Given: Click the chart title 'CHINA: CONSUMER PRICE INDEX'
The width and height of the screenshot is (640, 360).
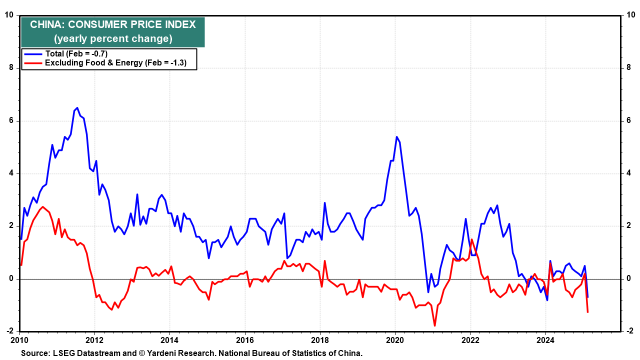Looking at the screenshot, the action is coord(113,24).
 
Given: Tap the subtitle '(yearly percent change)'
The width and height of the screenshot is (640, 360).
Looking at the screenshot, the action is coord(113,38).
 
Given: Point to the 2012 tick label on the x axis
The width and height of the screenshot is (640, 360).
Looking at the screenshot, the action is coord(94,340).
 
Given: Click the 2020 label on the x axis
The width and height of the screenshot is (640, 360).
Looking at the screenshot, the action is coord(395,340).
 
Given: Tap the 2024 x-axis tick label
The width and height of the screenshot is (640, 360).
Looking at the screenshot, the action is coord(545,340).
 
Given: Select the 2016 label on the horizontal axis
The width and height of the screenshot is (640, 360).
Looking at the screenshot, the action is coord(245,340).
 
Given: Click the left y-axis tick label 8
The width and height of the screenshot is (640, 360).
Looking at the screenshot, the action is coord(11,67).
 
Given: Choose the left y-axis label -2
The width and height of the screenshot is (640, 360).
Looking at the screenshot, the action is coord(10,331).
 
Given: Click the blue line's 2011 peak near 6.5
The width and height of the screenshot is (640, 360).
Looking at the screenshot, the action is coord(77,108).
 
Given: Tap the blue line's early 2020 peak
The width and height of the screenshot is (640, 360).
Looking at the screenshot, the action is coord(396,137).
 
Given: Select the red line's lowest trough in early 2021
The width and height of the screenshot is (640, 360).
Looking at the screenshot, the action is coord(434,325).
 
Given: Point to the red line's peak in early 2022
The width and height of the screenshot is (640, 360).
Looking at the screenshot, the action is coord(471,239).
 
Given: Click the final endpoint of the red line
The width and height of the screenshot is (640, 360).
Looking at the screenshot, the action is coord(587,312).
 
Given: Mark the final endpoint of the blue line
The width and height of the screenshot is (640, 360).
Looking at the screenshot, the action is coord(587,297).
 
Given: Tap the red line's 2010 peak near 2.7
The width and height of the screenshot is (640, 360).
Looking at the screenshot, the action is coord(43,207).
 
